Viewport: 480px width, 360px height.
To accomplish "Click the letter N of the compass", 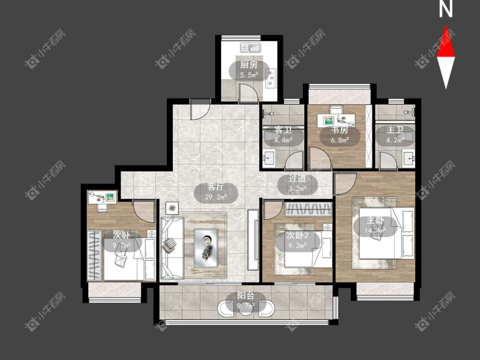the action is click(x=446, y=9).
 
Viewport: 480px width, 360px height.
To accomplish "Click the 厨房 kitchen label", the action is click(x=249, y=65).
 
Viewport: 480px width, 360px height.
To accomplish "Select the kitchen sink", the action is click(x=250, y=48).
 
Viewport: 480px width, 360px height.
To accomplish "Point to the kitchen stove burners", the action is click(x=271, y=78).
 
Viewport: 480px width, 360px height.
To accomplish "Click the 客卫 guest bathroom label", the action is click(x=283, y=130).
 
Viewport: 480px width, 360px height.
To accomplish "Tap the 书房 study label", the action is click(x=340, y=130).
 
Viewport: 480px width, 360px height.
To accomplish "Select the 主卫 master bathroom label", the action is click(x=395, y=130).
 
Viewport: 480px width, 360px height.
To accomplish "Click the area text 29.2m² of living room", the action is click(x=216, y=197).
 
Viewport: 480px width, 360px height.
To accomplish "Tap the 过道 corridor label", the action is click(x=297, y=178).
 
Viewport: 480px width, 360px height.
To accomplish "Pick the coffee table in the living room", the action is click(x=206, y=248).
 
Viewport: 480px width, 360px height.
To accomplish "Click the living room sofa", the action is click(x=172, y=248).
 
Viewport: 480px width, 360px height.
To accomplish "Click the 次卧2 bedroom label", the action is click(x=297, y=235).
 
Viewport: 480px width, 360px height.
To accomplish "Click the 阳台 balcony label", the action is click(x=246, y=296).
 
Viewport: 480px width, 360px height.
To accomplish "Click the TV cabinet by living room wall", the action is click(x=253, y=240).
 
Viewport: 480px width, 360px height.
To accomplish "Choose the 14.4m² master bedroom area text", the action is click(x=375, y=230).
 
